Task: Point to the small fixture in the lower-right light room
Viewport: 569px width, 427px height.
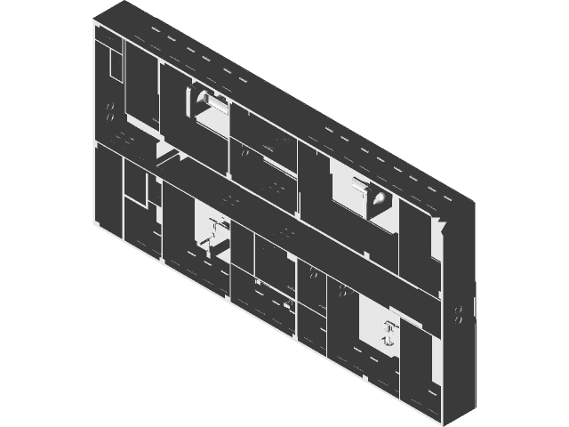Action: (389, 332)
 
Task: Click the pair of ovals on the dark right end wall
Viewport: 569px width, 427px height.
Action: (460, 312)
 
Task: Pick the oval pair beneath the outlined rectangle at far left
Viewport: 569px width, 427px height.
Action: (110, 113)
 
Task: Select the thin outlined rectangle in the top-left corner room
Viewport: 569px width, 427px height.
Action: (113, 67)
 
